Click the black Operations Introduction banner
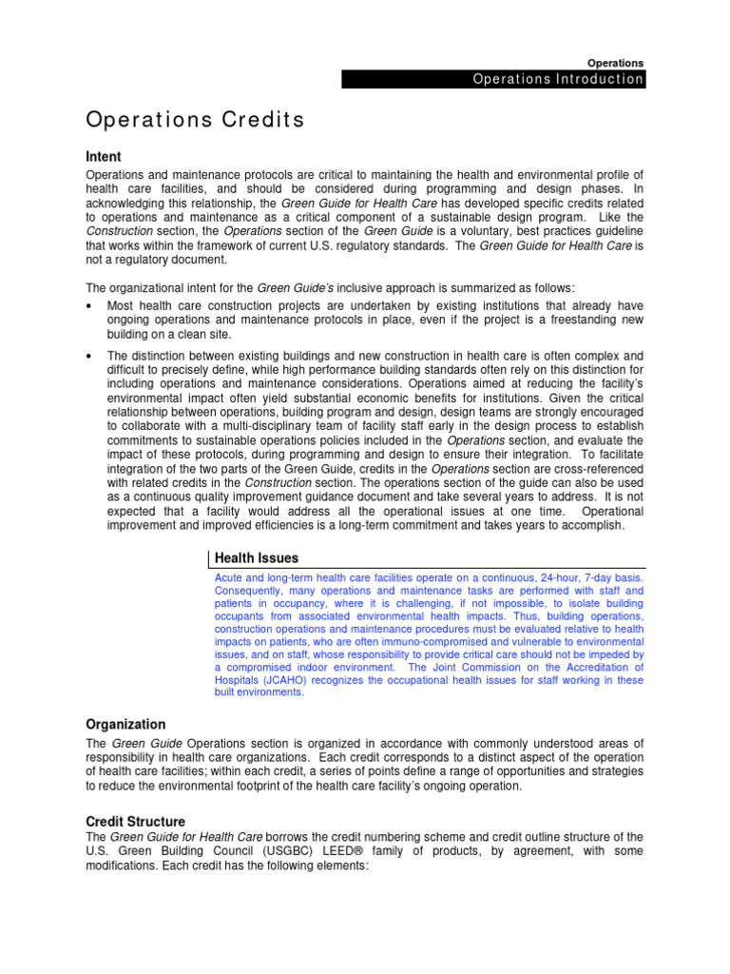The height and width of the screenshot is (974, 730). [x=493, y=79]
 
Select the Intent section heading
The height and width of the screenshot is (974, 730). [x=104, y=156]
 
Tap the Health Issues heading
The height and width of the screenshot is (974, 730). [x=256, y=557]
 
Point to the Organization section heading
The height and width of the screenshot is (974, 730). [x=125, y=724]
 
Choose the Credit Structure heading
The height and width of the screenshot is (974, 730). [x=136, y=821]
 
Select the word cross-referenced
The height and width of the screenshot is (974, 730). [x=592, y=469]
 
